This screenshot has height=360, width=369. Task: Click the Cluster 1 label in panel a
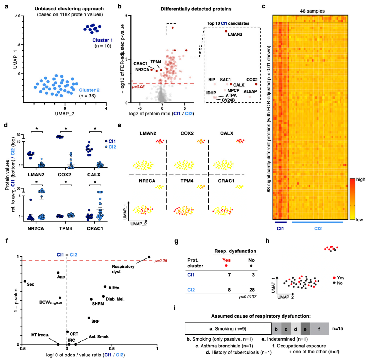[x=102, y=40]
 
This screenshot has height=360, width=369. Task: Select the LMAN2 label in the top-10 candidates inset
[x=235, y=34]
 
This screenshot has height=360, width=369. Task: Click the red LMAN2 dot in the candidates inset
[x=226, y=31]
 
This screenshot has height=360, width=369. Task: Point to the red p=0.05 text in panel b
[x=138, y=87]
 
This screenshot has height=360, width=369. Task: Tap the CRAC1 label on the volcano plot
[x=140, y=64]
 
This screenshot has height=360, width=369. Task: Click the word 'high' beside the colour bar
[x=361, y=179]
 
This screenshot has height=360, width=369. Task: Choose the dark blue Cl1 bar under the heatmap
[x=280, y=222]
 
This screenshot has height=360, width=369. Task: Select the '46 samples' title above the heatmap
[x=312, y=11]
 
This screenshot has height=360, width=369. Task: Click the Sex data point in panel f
[x=25, y=281]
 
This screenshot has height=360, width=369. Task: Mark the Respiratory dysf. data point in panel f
[x=149, y=257]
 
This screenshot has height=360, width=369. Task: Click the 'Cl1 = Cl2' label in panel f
[x=67, y=255]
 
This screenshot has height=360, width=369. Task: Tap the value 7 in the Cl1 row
[x=229, y=275]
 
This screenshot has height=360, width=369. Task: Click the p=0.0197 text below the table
[x=248, y=297]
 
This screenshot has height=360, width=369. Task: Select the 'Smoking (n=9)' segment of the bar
[x=228, y=329]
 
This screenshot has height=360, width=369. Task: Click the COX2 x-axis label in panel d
[x=64, y=175]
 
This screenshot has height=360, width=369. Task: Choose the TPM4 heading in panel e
[x=187, y=181]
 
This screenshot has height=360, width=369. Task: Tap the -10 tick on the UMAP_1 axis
[x=17, y=16]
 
